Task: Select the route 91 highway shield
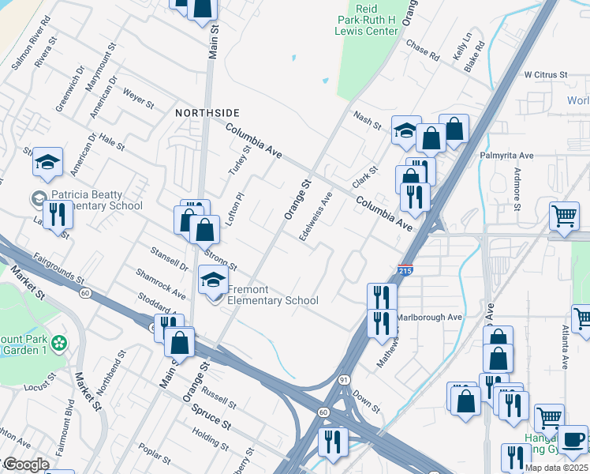pyautogui.click(x=345, y=380)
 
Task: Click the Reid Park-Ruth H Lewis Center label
pyautogui.click(x=364, y=16)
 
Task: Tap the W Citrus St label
pyautogui.click(x=546, y=75)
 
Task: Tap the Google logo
pyautogui.click(x=25, y=465)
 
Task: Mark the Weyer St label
pyautogui.click(x=138, y=98)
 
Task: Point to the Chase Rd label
pyautogui.click(x=423, y=50)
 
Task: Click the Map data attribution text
pyautogui.click(x=557, y=468)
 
